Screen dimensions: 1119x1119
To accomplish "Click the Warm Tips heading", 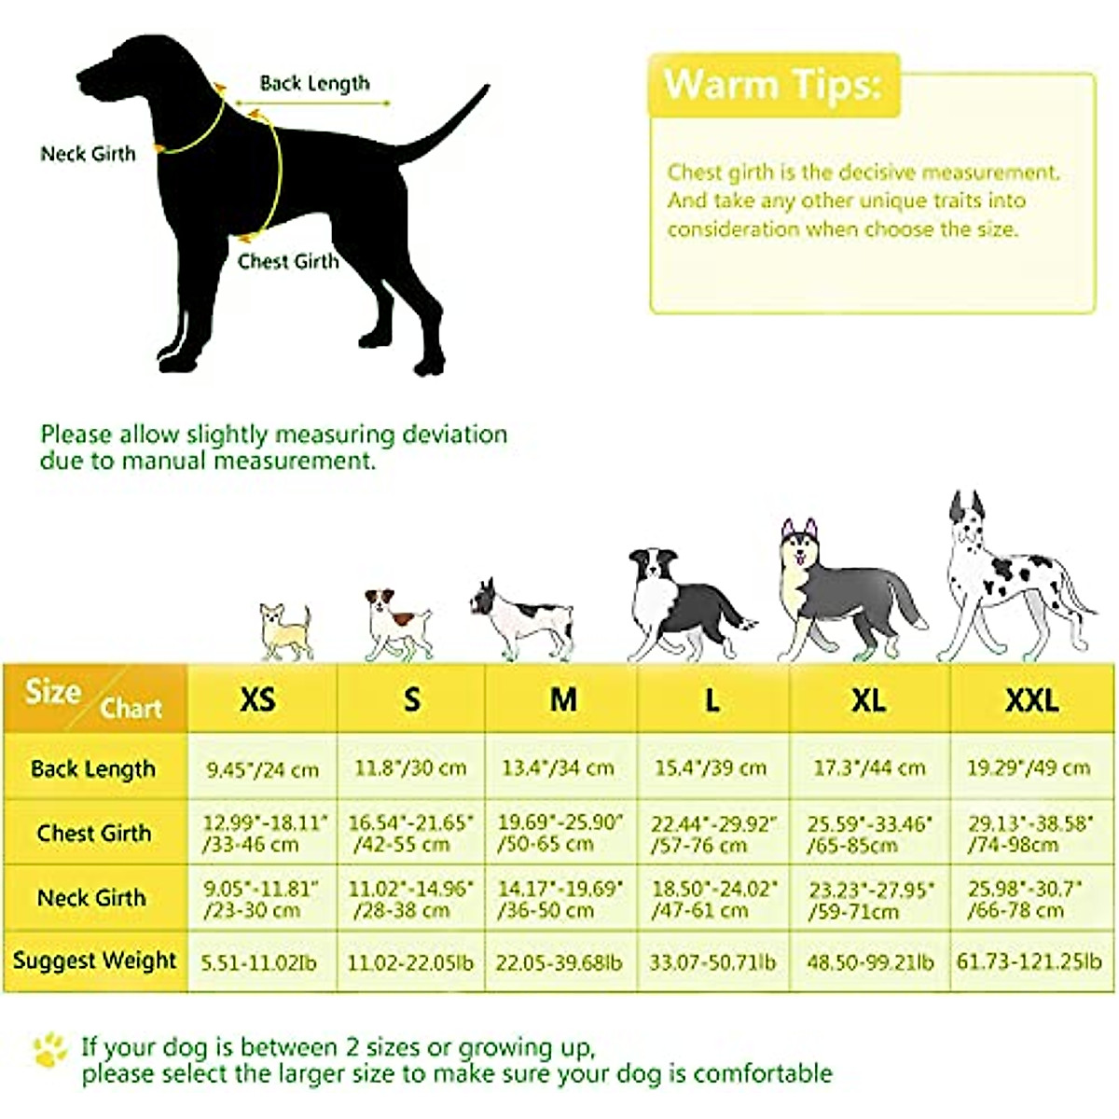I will coord(772,85).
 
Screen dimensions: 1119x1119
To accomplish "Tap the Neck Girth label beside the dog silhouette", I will coord(88,154).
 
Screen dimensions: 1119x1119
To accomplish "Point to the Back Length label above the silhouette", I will coord(314,83).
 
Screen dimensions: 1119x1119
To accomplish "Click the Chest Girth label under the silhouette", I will coord(288,262).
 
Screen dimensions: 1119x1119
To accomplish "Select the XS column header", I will coord(257,699).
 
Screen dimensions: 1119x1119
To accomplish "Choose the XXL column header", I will coord(1031,700).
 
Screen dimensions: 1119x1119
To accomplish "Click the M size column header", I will coord(563,699).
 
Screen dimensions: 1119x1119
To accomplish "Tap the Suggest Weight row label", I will coord(94,960).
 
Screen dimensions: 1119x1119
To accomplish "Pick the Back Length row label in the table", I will coord(93,769).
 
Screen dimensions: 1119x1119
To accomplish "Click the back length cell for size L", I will coord(711,768).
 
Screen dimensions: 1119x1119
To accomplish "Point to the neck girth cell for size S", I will coord(410,899).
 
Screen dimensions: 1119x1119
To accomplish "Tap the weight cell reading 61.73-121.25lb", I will coord(1029,961).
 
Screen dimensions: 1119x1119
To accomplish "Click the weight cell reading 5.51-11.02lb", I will coord(258,961).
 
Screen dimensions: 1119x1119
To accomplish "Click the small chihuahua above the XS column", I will coord(284,631).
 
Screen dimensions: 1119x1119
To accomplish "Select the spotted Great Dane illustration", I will coord(1012,578).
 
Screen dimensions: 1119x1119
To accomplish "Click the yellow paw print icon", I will coord(49,1049).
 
